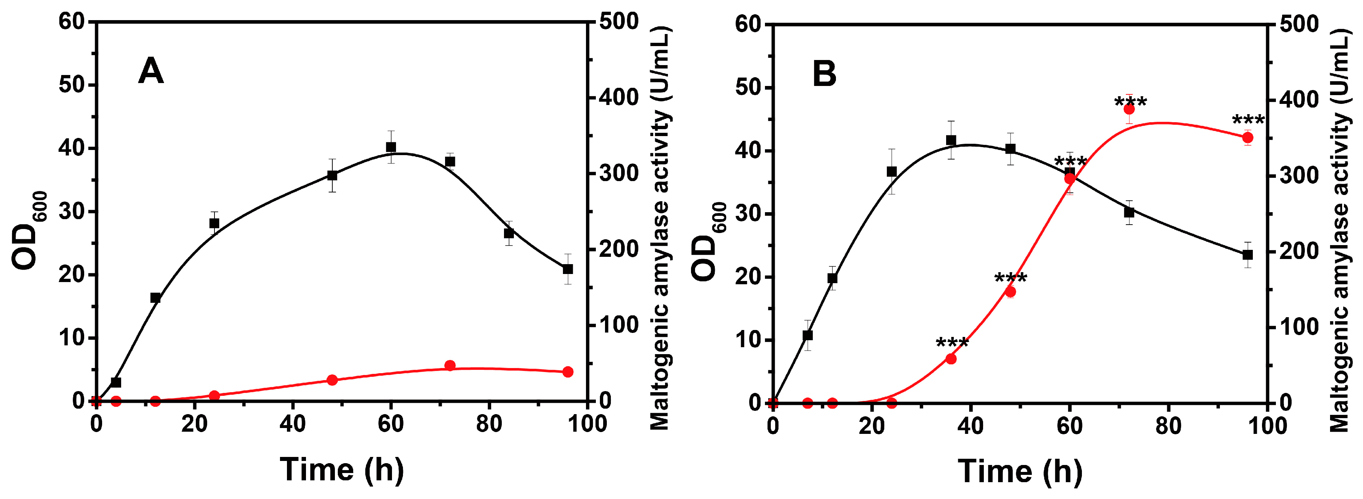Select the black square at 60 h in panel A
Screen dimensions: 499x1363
point(391,147)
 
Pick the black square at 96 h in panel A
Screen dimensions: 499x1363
point(568,269)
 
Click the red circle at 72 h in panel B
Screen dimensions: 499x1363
point(1129,109)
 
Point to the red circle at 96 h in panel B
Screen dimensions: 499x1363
point(1248,138)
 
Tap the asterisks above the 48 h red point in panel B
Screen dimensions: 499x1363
point(1011,278)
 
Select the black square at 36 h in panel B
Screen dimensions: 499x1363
point(951,140)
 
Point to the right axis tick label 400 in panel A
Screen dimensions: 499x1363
point(619,97)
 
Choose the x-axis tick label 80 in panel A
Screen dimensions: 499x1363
point(489,424)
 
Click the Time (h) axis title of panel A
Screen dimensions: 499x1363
point(341,469)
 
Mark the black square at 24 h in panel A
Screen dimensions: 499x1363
point(214,223)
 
